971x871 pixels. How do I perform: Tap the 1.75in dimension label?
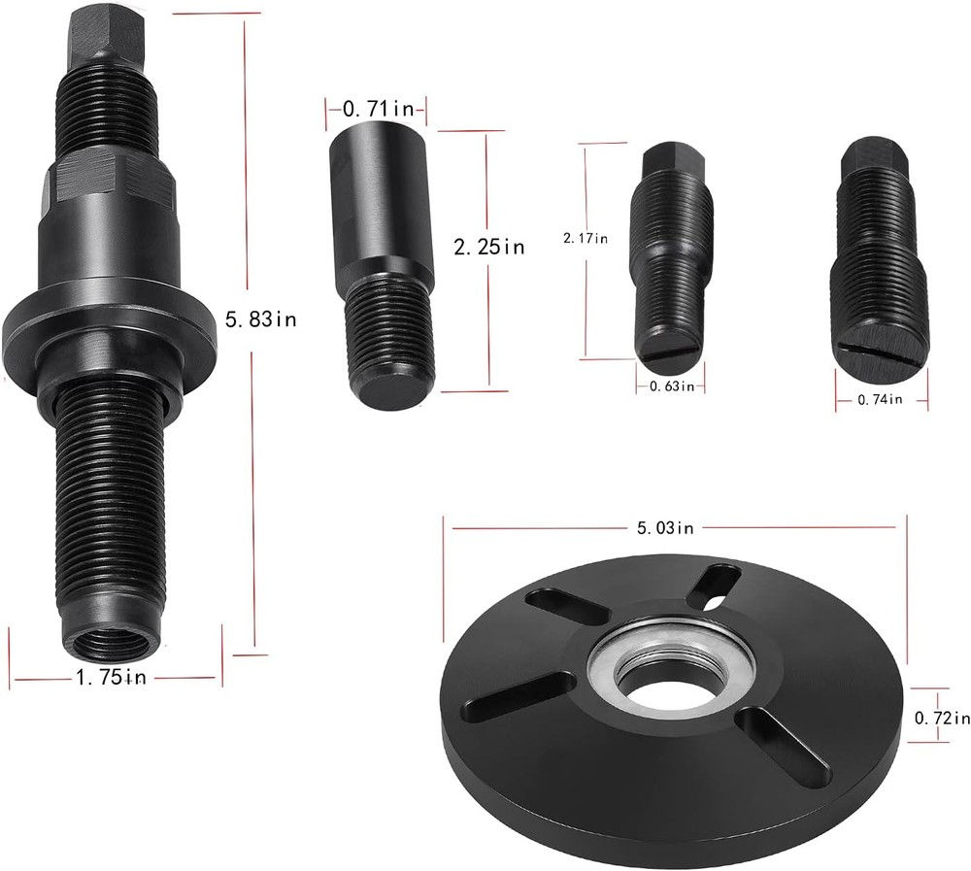[111, 678]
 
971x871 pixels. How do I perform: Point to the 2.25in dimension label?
[489, 247]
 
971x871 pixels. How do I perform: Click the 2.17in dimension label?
[587, 237]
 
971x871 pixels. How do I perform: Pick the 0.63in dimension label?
[670, 386]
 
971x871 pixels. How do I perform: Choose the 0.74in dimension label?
[879, 398]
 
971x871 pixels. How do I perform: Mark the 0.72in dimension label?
[942, 718]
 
